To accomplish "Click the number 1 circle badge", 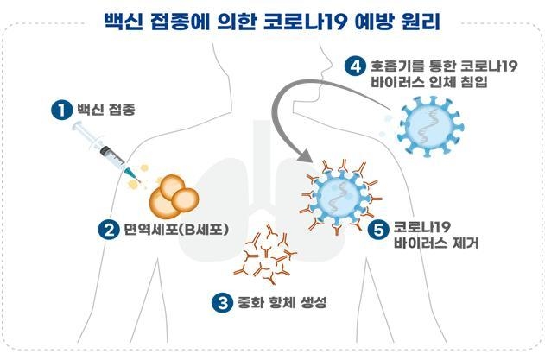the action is click(x=61, y=110).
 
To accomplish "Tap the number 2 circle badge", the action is click(x=109, y=230).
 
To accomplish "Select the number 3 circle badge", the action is click(x=222, y=302).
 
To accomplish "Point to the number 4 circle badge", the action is click(x=355, y=66).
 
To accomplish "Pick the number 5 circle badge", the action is click(x=378, y=230).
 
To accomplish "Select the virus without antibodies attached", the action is click(x=430, y=126).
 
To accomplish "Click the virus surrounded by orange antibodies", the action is click(x=340, y=197).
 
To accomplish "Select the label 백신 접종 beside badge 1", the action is click(x=105, y=110).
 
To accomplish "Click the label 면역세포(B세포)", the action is click(x=176, y=230).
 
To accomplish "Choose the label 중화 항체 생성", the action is click(x=282, y=302).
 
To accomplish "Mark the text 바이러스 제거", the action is click(x=436, y=243).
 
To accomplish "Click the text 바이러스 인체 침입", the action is click(x=429, y=82).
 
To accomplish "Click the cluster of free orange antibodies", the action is click(x=265, y=255).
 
